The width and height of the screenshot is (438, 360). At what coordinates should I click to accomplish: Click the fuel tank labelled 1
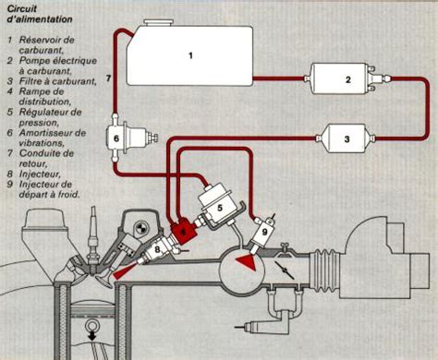coord(190,55)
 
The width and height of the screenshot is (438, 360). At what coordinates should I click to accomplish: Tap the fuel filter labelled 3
coord(346,138)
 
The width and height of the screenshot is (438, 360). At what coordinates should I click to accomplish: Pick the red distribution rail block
coord(184,231)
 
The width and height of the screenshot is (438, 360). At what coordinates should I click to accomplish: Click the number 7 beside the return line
coord(108,78)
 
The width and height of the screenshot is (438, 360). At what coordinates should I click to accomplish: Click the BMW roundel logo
coord(141,228)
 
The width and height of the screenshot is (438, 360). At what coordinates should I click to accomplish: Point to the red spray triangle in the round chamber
coord(247,263)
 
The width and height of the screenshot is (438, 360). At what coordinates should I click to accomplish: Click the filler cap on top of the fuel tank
coord(159,22)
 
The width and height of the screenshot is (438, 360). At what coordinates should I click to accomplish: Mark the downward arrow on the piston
coord(91,335)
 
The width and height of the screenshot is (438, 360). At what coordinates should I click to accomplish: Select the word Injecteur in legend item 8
coord(40,174)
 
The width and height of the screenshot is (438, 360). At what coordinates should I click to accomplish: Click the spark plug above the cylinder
coord(92,243)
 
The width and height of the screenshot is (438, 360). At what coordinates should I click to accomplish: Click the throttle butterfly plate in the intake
coord(284,270)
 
